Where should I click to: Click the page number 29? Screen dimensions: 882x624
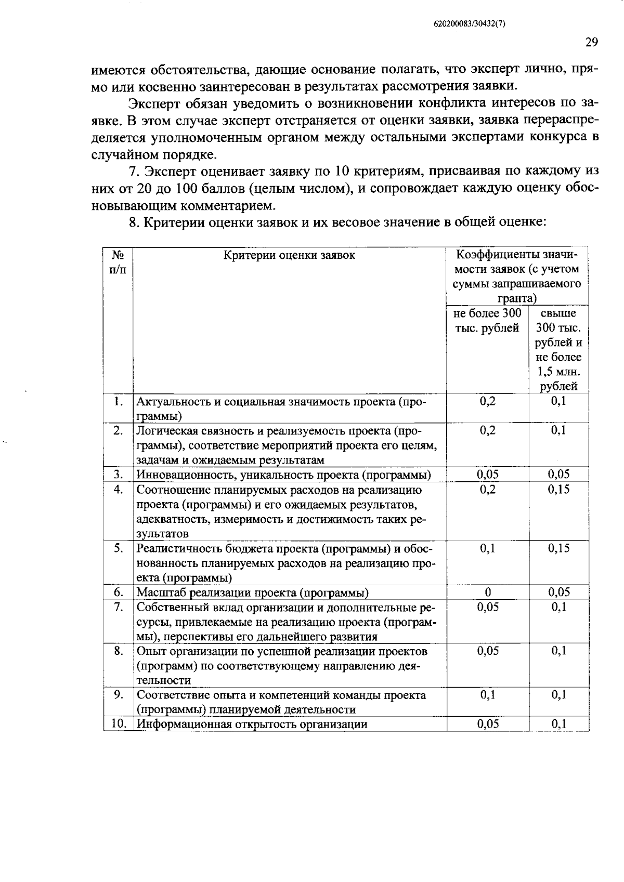click(592, 43)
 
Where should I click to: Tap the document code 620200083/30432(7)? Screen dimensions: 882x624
click(470, 24)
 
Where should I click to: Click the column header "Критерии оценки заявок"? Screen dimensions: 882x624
click(290, 255)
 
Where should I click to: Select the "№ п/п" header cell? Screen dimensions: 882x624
click(118, 262)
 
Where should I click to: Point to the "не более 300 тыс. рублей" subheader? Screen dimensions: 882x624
click(487, 321)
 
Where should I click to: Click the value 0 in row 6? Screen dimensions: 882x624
click(488, 592)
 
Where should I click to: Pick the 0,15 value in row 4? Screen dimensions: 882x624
click(559, 490)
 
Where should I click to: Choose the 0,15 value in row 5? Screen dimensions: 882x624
click(559, 548)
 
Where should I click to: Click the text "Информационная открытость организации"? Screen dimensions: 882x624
click(252, 724)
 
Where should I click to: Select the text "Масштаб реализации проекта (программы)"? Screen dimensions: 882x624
click(253, 593)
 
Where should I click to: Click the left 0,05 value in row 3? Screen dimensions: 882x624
click(488, 474)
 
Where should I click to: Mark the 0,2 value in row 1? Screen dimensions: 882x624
click(488, 401)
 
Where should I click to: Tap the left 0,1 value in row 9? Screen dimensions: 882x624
click(488, 695)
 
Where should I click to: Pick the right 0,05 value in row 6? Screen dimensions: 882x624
click(559, 592)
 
